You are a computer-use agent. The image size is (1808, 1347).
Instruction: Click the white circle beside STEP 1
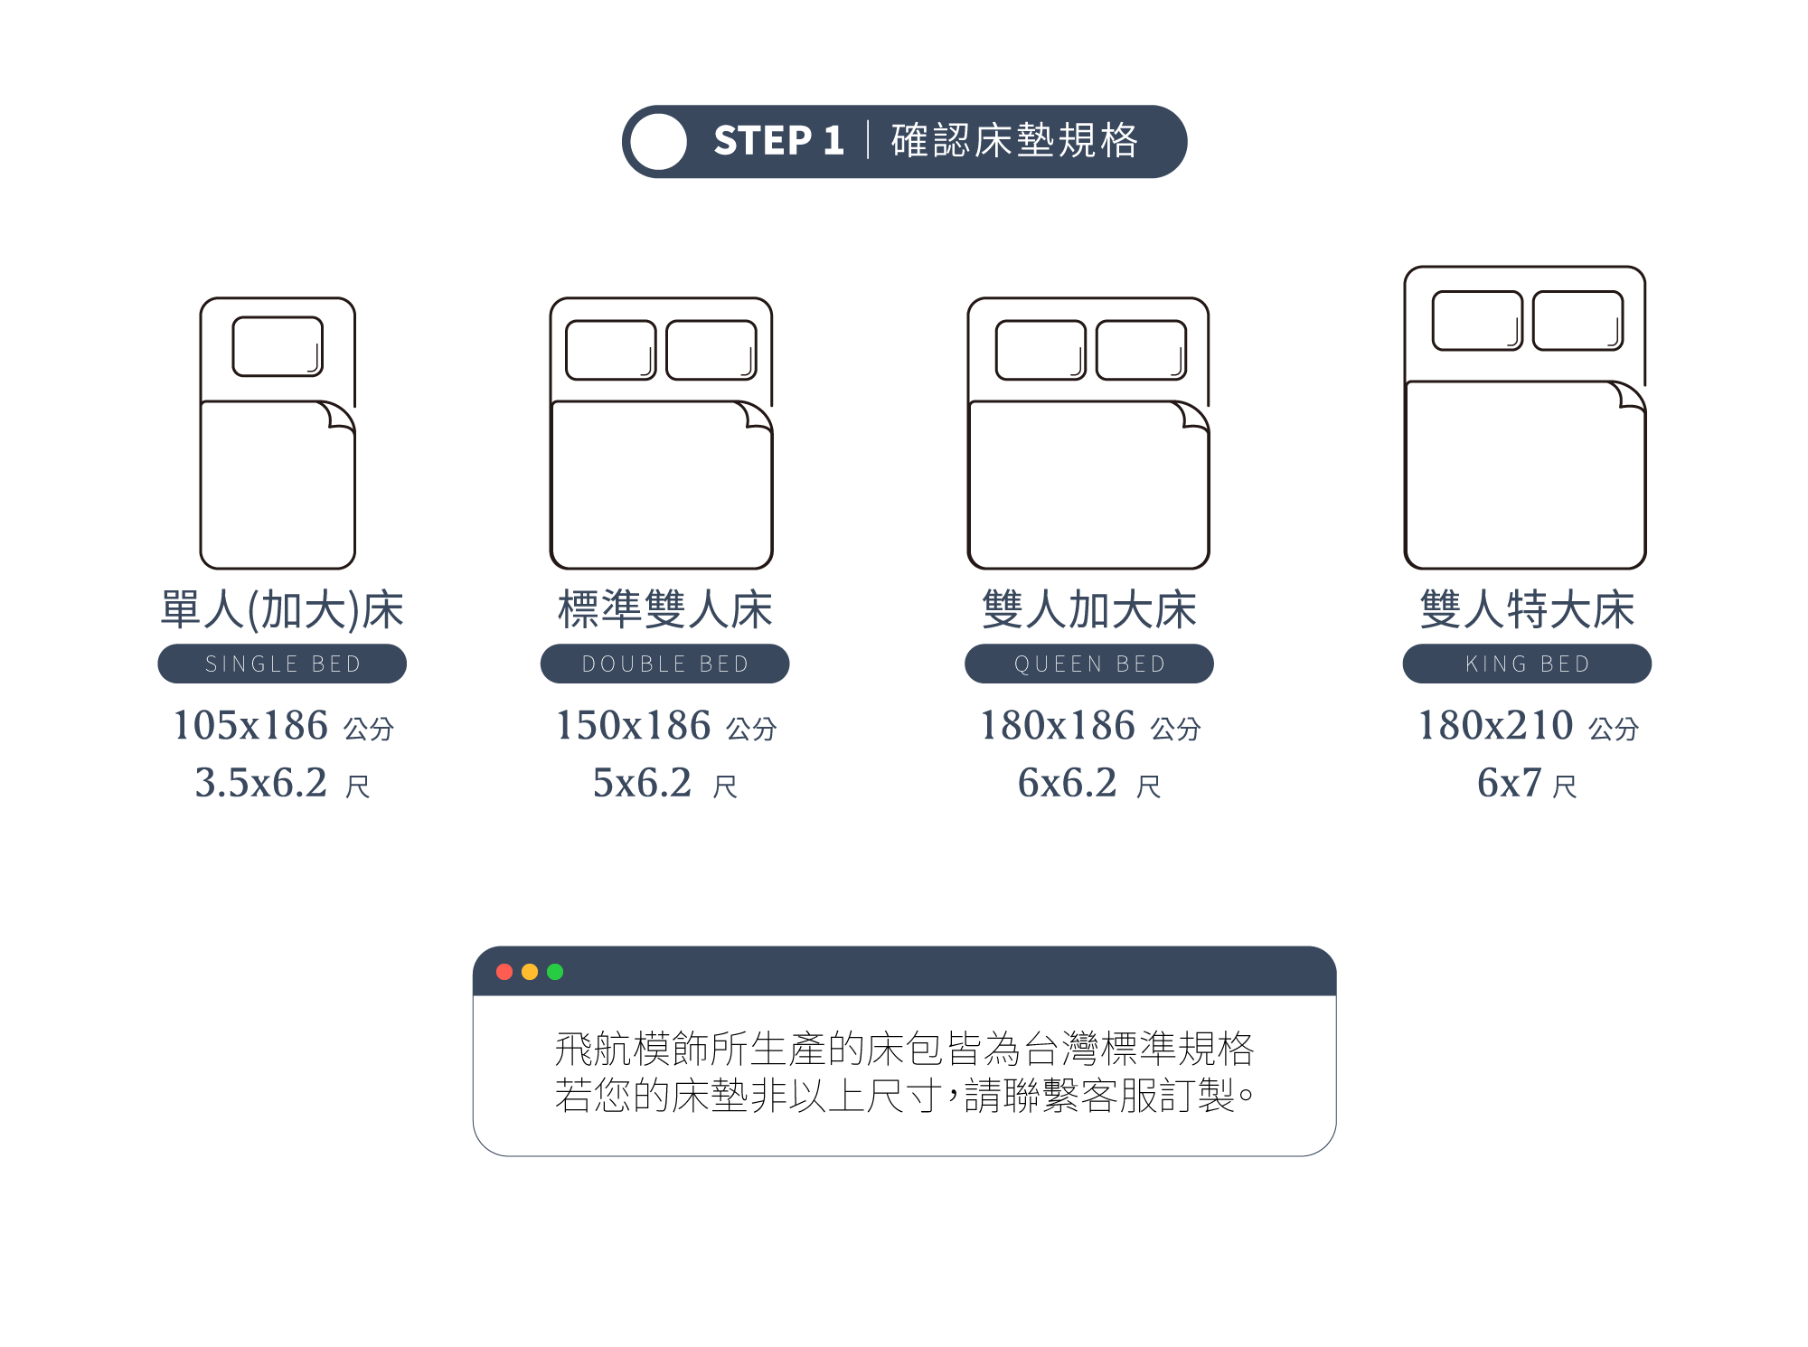(x=658, y=142)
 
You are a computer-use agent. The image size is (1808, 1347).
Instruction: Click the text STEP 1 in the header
(x=778, y=141)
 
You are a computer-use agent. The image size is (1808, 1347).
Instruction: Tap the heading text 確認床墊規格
(x=1014, y=141)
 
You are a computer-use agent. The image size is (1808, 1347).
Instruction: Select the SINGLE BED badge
(x=282, y=664)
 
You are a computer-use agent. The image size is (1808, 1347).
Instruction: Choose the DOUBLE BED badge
(x=664, y=664)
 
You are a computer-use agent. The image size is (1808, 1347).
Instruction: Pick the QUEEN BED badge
(x=1088, y=664)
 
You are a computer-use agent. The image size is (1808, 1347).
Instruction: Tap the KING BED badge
(x=1527, y=664)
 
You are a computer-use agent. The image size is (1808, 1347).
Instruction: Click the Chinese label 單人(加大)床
(x=282, y=609)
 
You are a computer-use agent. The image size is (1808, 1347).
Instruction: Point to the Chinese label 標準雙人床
(x=664, y=609)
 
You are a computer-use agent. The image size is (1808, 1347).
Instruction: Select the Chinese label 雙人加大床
(x=1088, y=609)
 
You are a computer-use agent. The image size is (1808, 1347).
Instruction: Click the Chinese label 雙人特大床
(x=1527, y=609)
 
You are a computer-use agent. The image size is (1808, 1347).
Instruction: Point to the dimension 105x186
(x=250, y=725)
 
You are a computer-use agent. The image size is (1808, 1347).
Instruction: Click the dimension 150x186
(x=633, y=725)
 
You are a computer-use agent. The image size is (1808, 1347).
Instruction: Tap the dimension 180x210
(x=1495, y=725)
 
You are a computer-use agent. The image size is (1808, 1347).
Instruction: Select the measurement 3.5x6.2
(x=261, y=783)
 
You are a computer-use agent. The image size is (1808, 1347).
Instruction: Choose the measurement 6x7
(x=1509, y=783)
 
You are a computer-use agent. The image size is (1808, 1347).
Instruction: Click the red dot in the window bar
(x=504, y=972)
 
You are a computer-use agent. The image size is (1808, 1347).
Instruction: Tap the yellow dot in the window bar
(x=530, y=972)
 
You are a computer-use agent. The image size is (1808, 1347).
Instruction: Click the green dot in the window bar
(x=555, y=972)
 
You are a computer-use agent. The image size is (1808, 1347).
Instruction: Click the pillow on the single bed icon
(x=278, y=346)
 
